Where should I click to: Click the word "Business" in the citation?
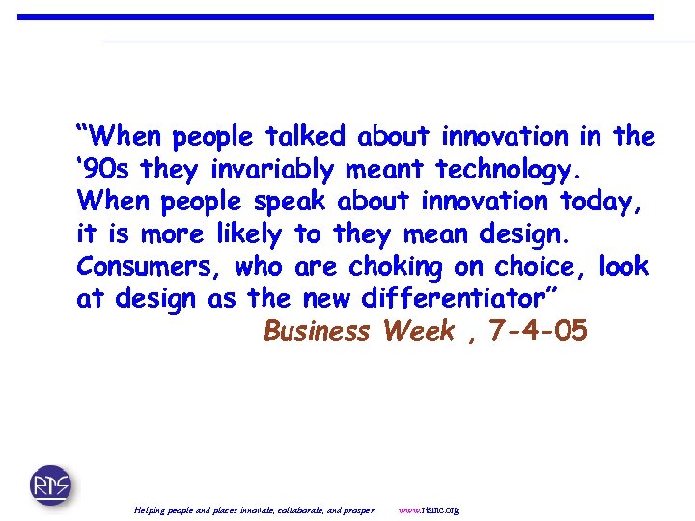point(317,332)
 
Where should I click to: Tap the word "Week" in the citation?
point(419,332)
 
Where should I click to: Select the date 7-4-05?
point(538,332)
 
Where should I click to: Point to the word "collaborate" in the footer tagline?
point(305,509)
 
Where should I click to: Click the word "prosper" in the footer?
point(358,509)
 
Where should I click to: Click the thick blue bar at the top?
point(336,17)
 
